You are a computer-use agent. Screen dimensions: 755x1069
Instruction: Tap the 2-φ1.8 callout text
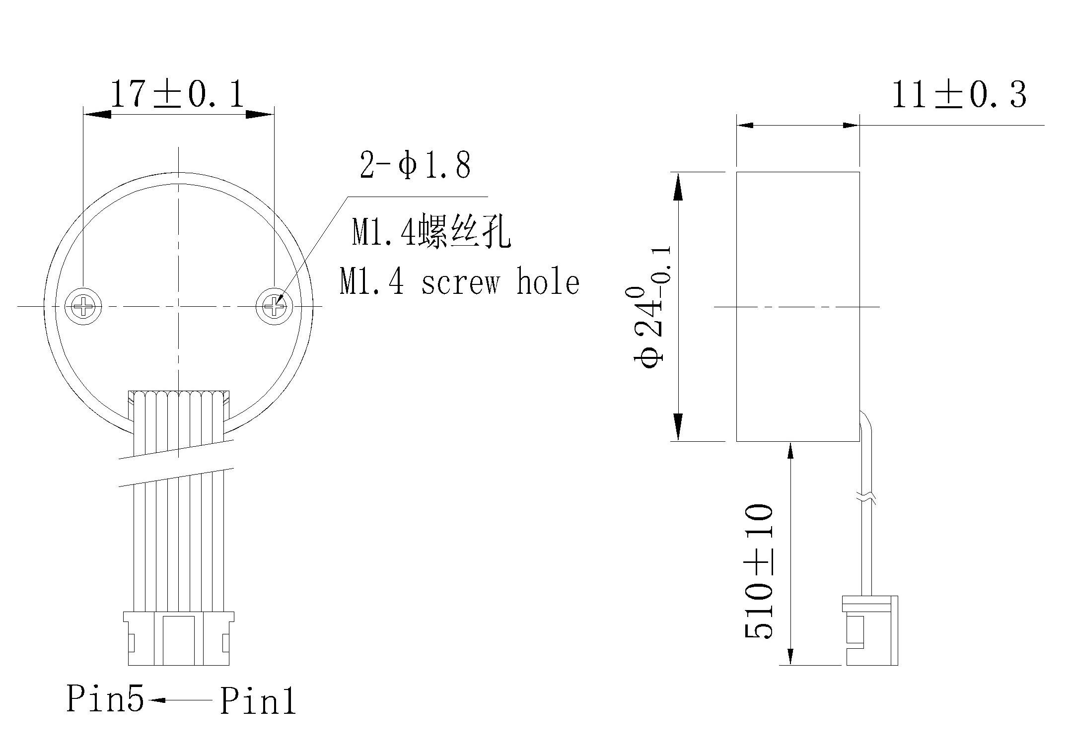pyautogui.click(x=415, y=165)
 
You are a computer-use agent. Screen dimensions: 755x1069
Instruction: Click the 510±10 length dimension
pyautogui.click(x=758, y=571)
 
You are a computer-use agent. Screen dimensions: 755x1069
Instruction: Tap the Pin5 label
pyautogui.click(x=105, y=698)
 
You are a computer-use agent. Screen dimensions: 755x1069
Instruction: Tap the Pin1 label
pyautogui.click(x=258, y=701)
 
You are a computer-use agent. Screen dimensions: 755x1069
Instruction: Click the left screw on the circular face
pyautogui.click(x=83, y=307)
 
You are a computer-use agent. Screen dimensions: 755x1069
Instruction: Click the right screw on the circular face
pyautogui.click(x=274, y=307)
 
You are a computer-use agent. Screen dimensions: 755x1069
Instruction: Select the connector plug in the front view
pyautogui.click(x=179, y=638)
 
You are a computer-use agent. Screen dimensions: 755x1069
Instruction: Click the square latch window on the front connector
pyautogui.click(x=179, y=639)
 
